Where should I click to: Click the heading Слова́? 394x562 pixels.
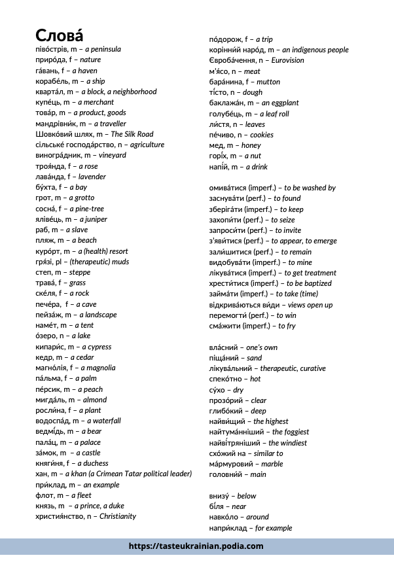[60, 35]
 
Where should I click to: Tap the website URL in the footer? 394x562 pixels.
[196, 546]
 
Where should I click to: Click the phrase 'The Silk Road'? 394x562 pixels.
[132, 134]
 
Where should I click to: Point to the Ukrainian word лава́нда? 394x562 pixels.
[50, 177]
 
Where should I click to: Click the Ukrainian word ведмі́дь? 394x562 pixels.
[52, 431]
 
